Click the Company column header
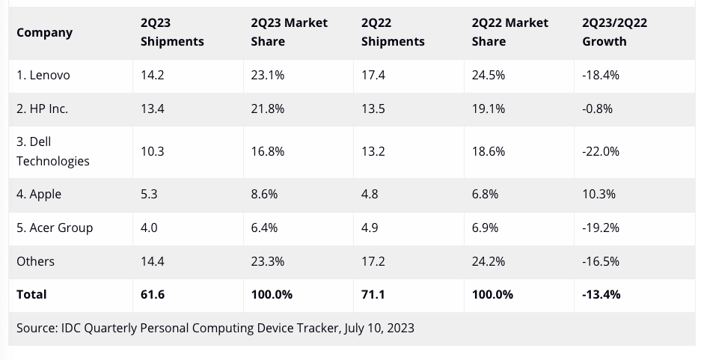[x=44, y=32]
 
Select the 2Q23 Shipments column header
[x=171, y=32]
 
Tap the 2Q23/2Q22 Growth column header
[x=614, y=32]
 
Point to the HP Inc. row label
[x=42, y=109]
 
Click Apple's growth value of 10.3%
[x=599, y=194]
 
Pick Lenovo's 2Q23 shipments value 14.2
[x=152, y=76]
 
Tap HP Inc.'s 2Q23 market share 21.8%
[x=267, y=109]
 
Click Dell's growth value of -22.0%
[x=601, y=151]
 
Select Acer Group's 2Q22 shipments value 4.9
[x=370, y=228]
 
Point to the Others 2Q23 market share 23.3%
[x=268, y=261]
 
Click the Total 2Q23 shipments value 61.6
[x=152, y=294]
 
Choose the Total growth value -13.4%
[x=601, y=294]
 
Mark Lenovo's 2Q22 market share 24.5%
[x=489, y=76]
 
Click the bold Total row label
[x=31, y=294]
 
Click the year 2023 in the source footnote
[x=400, y=328]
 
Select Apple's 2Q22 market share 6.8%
[x=485, y=194]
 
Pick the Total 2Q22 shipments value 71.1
[x=373, y=294]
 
